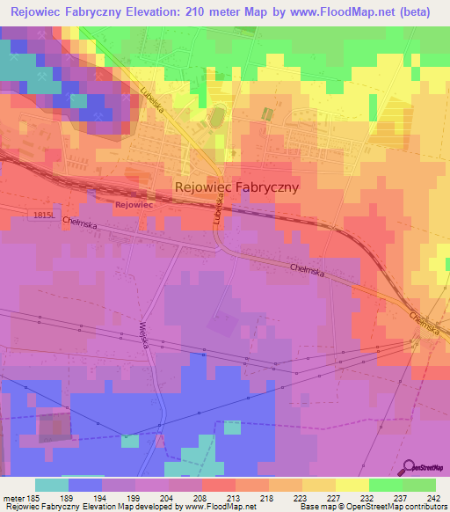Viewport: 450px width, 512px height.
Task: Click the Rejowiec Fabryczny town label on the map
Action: (x=237, y=187)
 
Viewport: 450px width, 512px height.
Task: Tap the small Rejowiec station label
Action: (x=134, y=205)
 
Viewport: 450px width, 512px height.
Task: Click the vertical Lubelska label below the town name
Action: (x=215, y=214)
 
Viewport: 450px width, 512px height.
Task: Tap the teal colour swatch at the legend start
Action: (x=52, y=485)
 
